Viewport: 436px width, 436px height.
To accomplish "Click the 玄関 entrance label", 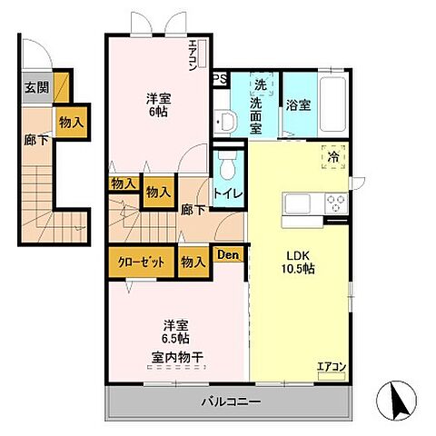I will click(x=36, y=89).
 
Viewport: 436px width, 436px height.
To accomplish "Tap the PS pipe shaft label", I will click(x=220, y=79).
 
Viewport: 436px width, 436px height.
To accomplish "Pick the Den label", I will click(x=227, y=255).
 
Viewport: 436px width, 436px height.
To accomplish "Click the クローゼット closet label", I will click(x=141, y=263).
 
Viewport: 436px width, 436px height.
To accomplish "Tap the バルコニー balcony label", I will click(x=231, y=401).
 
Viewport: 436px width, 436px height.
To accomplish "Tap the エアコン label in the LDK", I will click(x=331, y=367).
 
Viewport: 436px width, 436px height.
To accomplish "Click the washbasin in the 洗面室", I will click(x=226, y=120).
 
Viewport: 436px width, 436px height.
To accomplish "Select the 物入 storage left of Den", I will click(x=192, y=263).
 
